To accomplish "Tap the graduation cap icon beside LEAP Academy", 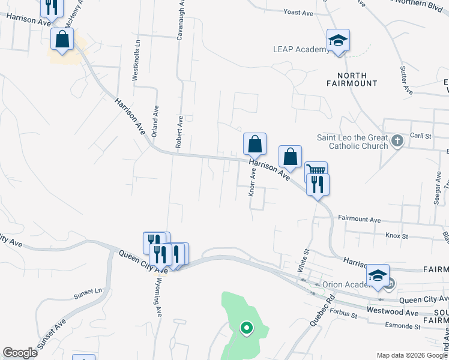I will pos(338,41).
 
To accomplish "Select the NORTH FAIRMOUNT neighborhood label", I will pos(357,79).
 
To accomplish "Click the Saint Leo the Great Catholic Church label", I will pos(352,142).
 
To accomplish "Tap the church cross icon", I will pos(396,142).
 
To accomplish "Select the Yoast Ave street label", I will pos(298,13).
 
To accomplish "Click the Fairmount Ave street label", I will pos(360,220).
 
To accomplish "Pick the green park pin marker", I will pos(246,328).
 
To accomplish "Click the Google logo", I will pos(20,352).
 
